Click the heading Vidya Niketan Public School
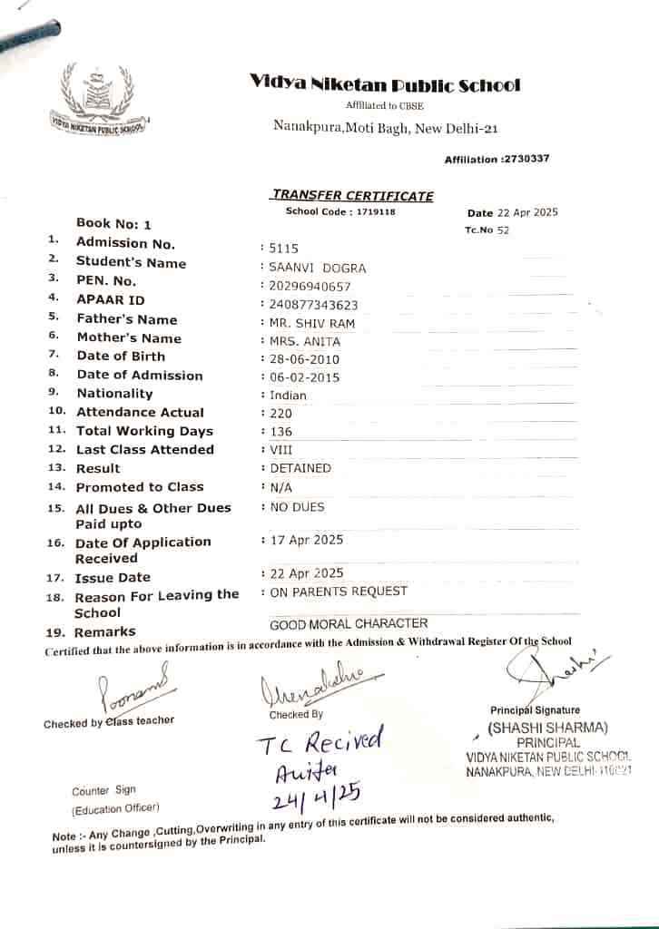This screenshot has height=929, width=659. (x=385, y=85)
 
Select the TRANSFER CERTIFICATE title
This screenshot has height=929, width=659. (x=352, y=195)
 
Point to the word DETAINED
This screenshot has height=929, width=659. (x=300, y=468)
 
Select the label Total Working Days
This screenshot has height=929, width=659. (x=144, y=431)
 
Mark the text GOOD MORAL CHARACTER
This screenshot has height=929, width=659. (x=349, y=623)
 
